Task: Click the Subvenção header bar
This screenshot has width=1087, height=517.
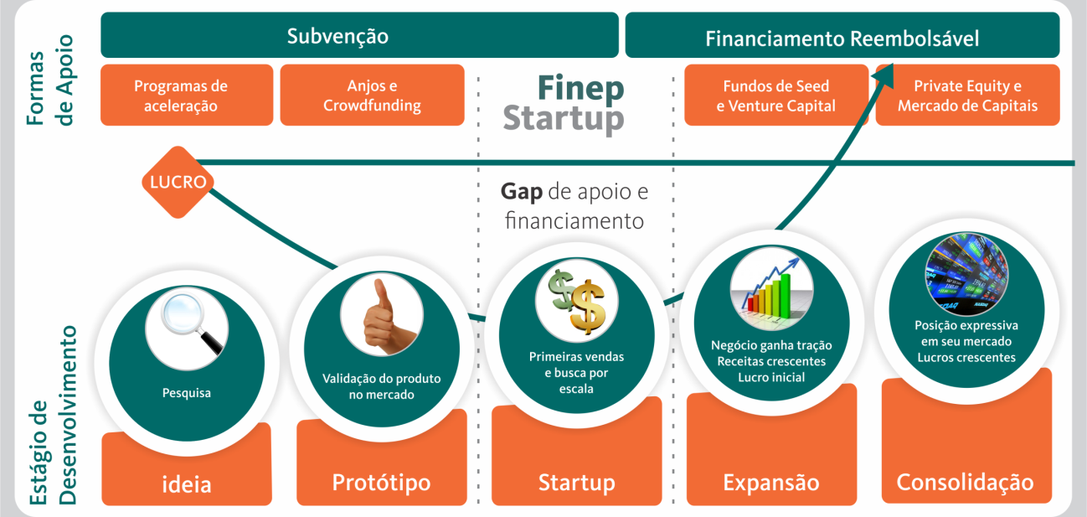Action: (x=360, y=36)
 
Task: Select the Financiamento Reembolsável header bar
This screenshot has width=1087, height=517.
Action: (x=842, y=39)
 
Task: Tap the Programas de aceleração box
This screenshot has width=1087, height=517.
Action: (x=186, y=96)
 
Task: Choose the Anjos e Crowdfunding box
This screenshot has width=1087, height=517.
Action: (x=372, y=96)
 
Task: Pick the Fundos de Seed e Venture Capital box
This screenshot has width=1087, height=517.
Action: (x=776, y=96)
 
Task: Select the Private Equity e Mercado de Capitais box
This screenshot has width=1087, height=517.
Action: (x=967, y=96)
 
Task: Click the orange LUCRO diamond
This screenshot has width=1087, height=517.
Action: (x=178, y=182)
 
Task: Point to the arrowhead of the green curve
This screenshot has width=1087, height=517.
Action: (x=885, y=73)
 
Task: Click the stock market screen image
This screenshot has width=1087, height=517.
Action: (x=966, y=272)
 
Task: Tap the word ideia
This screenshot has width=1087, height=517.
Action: (x=187, y=483)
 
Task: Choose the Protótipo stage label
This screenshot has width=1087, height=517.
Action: (x=381, y=483)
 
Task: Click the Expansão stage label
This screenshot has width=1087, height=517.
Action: (x=771, y=483)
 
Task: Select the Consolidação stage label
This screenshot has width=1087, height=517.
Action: (x=965, y=482)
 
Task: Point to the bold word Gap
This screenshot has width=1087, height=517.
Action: (x=521, y=192)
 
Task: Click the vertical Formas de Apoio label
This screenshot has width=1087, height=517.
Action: (x=51, y=80)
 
